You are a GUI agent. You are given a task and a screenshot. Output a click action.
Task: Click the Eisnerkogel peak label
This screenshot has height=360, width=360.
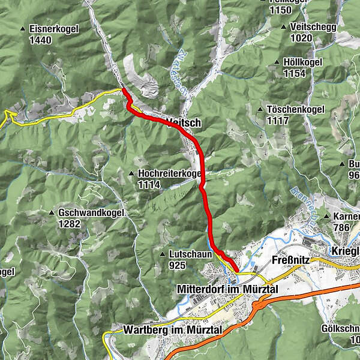pos(52,28)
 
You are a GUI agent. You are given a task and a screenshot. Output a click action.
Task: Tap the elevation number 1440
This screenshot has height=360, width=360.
pos(40,40)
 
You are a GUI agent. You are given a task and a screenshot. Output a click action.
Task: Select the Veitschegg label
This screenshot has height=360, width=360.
pos(313,27)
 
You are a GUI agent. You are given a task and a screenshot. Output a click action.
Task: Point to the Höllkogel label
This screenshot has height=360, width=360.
pos(302,62)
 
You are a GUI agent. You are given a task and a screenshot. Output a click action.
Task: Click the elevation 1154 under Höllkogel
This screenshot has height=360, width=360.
pos(295,74)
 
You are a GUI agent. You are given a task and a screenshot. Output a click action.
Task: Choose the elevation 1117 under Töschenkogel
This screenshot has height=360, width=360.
pos(279,121)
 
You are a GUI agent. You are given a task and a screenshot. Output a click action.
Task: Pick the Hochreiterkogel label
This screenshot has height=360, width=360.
pos(169,173)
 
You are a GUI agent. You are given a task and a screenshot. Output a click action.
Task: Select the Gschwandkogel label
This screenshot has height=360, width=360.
pos(91,212)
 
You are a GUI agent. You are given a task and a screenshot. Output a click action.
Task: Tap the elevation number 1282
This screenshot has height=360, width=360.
pos(70,224)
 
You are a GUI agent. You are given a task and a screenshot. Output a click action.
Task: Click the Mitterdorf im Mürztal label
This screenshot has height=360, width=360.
pos(229,289)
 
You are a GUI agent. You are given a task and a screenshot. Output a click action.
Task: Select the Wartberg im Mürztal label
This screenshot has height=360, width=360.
pos(173,330)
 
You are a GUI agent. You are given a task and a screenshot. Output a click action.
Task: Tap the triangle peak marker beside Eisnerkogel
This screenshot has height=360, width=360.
pos(23,29)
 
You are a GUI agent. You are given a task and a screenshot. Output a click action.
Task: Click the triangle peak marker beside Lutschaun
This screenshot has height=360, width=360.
pos(163,255)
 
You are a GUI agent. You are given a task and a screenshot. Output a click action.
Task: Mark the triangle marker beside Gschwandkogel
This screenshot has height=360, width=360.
pos(51,213)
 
